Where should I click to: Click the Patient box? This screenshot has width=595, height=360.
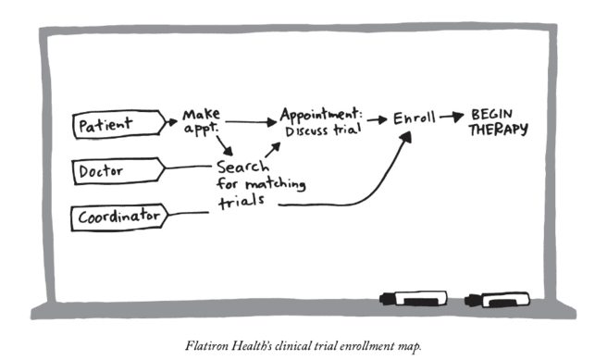(x=119, y=124)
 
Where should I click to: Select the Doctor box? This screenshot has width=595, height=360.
(x=118, y=170)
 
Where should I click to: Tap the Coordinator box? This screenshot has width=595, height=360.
(x=119, y=217)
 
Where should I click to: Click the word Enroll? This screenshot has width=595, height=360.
(x=414, y=118)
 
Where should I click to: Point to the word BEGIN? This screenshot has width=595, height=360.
(x=491, y=114)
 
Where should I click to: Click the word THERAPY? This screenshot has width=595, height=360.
(x=498, y=130)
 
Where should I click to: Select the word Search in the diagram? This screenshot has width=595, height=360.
(x=242, y=167)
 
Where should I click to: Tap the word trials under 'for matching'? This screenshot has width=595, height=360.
(x=242, y=202)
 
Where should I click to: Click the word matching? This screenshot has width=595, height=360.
(x=276, y=184)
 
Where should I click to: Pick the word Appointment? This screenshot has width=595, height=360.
(x=321, y=114)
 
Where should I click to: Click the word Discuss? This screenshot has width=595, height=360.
(x=306, y=131)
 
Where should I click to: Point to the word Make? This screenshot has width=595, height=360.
(x=201, y=114)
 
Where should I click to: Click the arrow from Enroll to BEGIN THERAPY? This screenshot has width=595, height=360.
(x=452, y=117)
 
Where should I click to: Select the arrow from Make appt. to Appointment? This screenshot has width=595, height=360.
(x=251, y=122)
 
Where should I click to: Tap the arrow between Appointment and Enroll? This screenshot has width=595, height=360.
(x=378, y=120)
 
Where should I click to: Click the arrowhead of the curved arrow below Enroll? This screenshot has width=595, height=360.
(x=406, y=137)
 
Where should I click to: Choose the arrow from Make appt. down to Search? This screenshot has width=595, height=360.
(x=225, y=146)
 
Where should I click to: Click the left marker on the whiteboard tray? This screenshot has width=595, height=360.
(x=414, y=299)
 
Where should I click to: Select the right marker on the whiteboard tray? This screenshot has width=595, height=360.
(x=497, y=300)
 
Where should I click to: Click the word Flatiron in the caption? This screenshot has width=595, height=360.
(x=206, y=346)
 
